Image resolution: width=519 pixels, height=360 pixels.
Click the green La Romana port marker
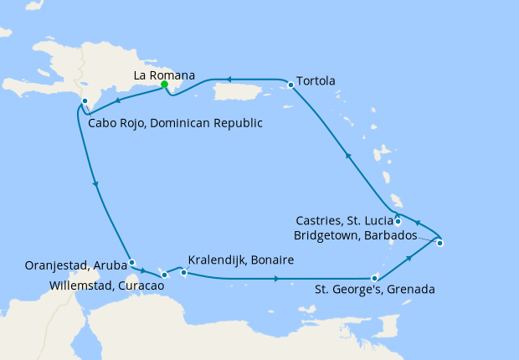[165, 85]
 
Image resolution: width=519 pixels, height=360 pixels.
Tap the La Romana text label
[165, 75]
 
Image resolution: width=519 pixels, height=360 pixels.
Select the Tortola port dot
[290, 85]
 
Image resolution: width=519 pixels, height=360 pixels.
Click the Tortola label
[317, 81]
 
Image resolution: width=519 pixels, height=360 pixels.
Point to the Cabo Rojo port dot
[85, 101]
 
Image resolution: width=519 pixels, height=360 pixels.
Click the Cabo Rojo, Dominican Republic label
[175, 123]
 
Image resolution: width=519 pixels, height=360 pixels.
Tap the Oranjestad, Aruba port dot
[132, 262]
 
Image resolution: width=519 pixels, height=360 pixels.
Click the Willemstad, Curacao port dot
[165, 275]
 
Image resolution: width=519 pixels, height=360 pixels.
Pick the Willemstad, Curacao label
[94, 285]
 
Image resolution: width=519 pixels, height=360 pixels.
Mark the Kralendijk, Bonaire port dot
[184, 272]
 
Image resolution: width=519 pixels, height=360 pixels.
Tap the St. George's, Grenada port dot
[374, 278]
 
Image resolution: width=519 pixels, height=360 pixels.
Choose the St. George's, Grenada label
[374, 291]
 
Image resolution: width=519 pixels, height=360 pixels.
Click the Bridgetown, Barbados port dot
[439, 244]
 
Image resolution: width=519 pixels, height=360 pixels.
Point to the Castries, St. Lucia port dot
[398, 221]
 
